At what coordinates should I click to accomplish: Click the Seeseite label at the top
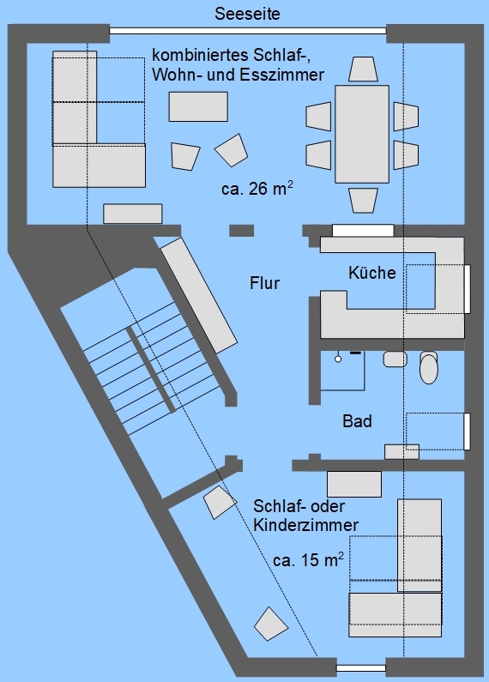(x=247, y=14)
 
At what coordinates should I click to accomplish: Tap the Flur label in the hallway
(x=264, y=283)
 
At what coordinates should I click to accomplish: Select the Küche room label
(x=372, y=273)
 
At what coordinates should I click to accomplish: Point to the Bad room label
(x=357, y=421)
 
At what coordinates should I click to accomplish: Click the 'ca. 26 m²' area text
(x=257, y=189)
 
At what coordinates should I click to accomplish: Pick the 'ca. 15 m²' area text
(x=309, y=559)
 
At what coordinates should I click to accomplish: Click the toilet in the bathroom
(x=429, y=367)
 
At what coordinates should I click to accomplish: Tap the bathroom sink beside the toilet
(x=395, y=359)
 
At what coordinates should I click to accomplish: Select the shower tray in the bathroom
(x=343, y=371)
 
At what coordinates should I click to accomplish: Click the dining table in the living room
(x=362, y=134)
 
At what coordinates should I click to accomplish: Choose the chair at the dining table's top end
(x=363, y=69)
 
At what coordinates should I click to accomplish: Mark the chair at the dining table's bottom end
(x=363, y=200)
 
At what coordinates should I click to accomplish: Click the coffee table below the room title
(x=198, y=106)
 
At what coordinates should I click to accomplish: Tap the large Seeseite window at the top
(x=248, y=31)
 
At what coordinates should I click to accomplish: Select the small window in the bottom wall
(x=361, y=668)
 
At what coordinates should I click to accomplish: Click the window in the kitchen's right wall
(x=468, y=289)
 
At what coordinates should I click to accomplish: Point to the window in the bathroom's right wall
(x=468, y=431)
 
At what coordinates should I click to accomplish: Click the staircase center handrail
(x=151, y=370)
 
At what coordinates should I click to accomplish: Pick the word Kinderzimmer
(x=306, y=525)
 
